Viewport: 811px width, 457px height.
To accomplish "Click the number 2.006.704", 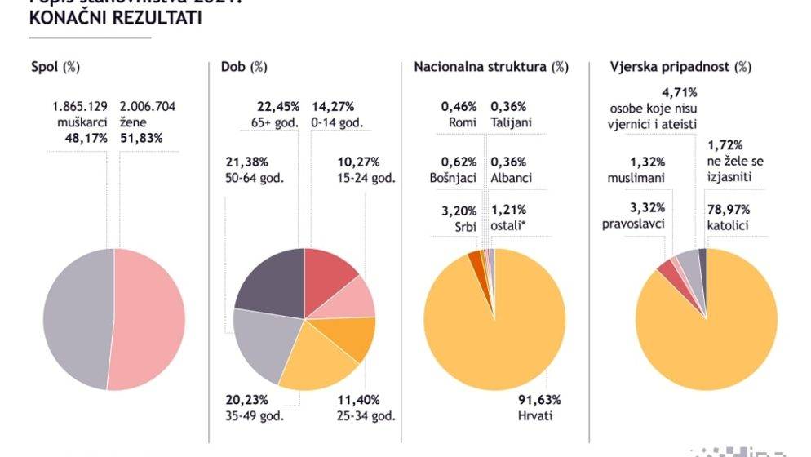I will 148,106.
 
